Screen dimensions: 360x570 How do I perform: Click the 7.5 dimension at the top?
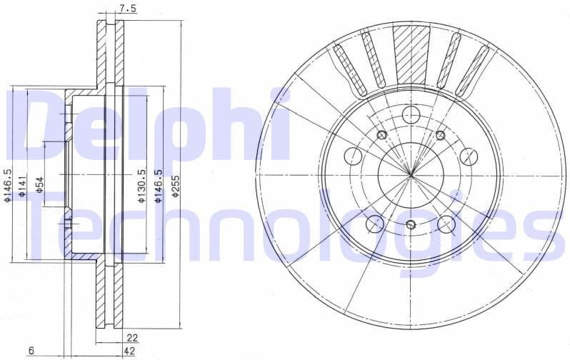pyautogui.click(x=128, y=9)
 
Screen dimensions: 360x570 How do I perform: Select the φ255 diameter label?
pyautogui.click(x=175, y=187)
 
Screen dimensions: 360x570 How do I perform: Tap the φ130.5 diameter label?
pyautogui.click(x=141, y=187)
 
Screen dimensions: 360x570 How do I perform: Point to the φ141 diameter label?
pyautogui.click(x=23, y=186)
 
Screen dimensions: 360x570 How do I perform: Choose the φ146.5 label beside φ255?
pyautogui.click(x=159, y=187)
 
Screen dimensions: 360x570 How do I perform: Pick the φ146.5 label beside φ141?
pyautogui.click(x=7, y=186)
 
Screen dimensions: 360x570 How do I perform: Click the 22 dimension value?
pyautogui.click(x=131, y=337)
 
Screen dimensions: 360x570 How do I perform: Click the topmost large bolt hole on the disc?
pyautogui.click(x=411, y=114)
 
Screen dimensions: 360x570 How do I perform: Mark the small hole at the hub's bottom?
pyautogui.click(x=411, y=225)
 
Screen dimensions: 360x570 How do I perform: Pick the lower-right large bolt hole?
pyautogui.click(x=447, y=224)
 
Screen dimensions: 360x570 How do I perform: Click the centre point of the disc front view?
pyautogui.click(x=411, y=174)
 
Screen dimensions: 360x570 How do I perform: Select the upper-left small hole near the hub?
pyautogui.click(x=381, y=135)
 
